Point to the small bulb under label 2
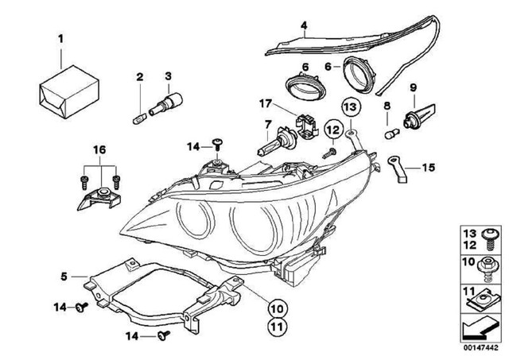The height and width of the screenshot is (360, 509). tap(139, 108)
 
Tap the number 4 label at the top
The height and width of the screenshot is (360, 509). tap(303, 25)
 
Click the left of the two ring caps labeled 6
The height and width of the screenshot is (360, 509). tap(301, 83)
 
